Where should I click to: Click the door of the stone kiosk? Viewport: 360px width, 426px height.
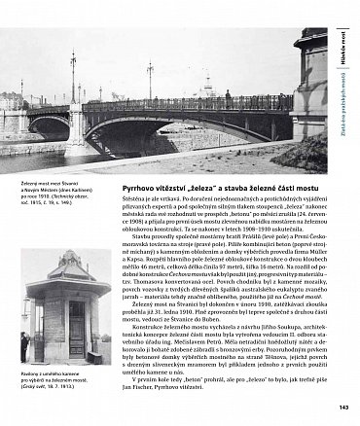click(77, 320)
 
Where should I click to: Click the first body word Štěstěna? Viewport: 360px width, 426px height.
click(134, 199)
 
